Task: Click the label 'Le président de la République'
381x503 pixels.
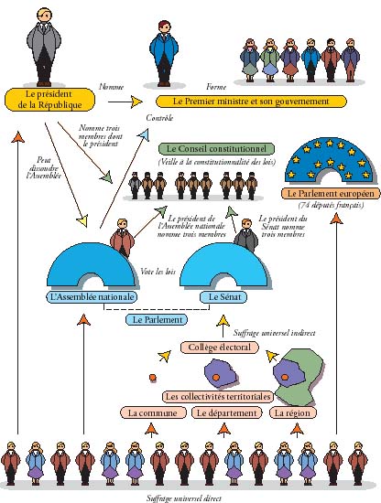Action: coord(49,100)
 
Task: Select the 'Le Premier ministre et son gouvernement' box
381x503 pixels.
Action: coord(251,102)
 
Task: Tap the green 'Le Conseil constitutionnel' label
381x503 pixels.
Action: coord(216,149)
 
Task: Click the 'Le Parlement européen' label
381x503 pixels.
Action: coord(331,194)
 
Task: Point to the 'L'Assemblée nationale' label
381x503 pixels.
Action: coord(92,297)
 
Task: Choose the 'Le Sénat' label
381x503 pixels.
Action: coord(223,296)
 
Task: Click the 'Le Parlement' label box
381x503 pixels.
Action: coord(157,320)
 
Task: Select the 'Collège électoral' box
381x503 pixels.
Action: coord(220,348)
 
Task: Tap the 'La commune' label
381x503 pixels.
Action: coord(153,412)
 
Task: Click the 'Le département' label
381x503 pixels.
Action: coord(227,412)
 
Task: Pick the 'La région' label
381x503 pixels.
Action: coord(293,412)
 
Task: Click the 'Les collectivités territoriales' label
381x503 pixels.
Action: coord(218,397)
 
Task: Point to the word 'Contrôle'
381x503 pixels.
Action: coord(159,118)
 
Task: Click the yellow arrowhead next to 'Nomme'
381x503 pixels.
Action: coord(137,102)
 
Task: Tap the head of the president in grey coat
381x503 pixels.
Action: coord(44,15)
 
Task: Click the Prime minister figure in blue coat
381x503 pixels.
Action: coord(164,54)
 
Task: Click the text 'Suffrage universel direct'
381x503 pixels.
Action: coord(184,498)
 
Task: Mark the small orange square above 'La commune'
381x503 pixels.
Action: coord(153,378)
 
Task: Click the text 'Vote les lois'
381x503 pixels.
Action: coord(158,272)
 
